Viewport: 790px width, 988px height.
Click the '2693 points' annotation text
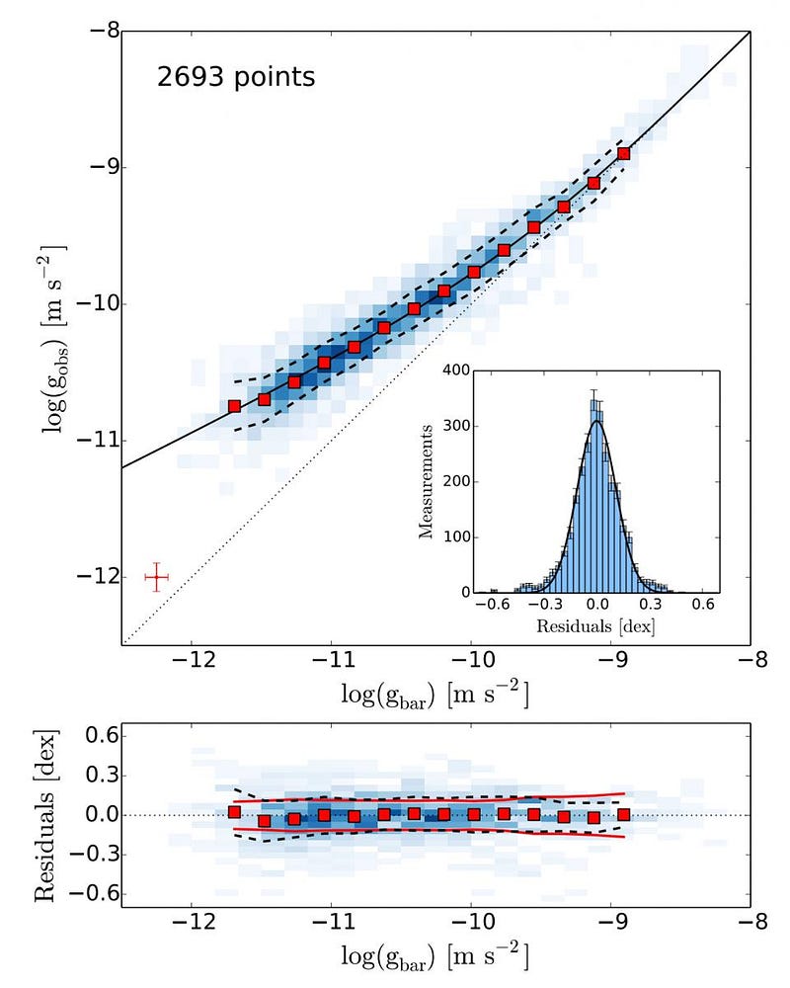pos(236,77)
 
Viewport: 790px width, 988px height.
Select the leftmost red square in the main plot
pos(234,406)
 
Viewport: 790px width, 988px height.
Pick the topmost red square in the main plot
pos(624,153)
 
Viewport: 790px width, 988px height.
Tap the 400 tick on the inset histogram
pos(452,371)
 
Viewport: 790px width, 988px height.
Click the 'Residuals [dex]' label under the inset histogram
pos(596,626)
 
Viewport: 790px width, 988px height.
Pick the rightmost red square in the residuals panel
pos(624,815)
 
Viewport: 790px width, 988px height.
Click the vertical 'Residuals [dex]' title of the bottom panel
pos(42,816)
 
